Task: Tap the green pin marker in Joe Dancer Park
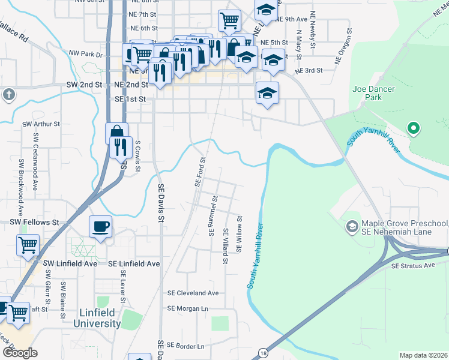[412, 128]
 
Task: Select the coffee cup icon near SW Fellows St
[100, 226]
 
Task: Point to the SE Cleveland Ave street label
[193, 293]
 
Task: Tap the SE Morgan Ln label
[187, 308]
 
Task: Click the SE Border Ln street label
[185, 346]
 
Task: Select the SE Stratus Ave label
[412, 265]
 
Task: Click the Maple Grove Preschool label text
[404, 228]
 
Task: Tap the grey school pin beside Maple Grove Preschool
[352, 227]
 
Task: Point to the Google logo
[20, 353]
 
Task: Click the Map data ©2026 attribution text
[423, 355]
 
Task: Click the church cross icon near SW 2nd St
[8, 95]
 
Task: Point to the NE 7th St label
[142, 14]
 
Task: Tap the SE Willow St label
[239, 235]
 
